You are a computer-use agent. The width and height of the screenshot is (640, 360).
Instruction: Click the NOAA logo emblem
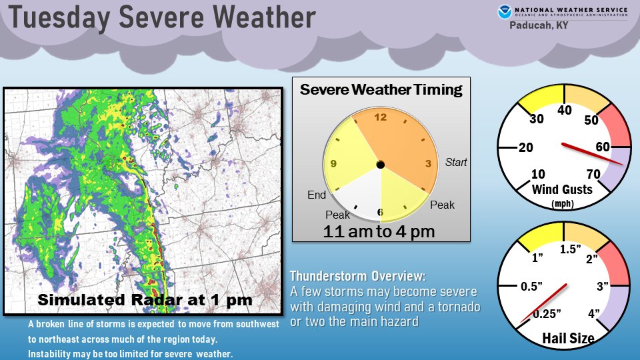pos(503,11)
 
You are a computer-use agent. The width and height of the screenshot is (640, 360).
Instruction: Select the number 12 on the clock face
pos(381,118)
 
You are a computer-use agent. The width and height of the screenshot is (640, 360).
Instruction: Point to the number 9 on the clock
pos(333,163)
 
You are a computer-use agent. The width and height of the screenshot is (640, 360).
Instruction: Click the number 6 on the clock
pos(380,211)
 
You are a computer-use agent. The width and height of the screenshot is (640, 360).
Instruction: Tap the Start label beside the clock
pos(456,163)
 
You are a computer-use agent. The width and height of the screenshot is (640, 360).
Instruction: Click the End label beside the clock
pos(317,195)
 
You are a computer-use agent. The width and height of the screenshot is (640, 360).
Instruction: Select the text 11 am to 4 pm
pos(379,231)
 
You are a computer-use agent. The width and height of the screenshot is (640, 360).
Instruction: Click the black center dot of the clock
pos(380,164)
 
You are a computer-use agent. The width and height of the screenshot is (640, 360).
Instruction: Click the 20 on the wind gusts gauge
pos(525,147)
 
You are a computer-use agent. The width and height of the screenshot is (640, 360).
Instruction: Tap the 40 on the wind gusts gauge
pos(565,111)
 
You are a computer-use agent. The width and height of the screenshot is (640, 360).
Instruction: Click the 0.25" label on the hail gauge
pos(547,313)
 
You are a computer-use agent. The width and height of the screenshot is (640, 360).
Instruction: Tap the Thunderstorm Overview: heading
pos(357,276)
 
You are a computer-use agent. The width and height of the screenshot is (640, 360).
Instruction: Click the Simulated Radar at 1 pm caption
pos(145,300)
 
